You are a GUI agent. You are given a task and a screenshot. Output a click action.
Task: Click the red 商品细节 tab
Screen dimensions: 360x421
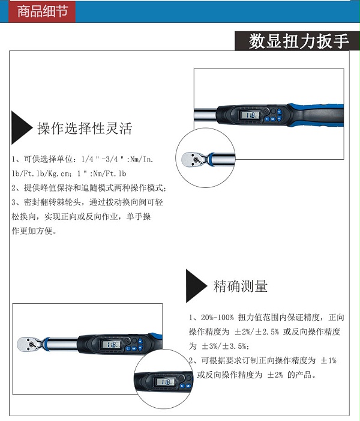(x=42, y=11)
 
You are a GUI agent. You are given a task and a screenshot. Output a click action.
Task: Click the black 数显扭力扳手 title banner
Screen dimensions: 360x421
(x=297, y=41)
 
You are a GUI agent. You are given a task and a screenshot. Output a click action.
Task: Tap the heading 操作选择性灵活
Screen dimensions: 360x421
(x=85, y=128)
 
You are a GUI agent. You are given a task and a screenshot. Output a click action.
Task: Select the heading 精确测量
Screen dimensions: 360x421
(x=241, y=286)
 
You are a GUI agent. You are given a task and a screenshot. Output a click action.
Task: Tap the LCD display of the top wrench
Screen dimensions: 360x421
(x=250, y=115)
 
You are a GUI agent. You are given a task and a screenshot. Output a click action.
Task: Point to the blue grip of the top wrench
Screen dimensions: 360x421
(x=317, y=115)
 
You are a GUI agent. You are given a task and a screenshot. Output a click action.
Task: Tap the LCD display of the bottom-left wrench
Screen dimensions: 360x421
(x=111, y=345)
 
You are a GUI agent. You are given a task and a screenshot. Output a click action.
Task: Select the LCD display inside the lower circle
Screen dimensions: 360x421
(x=165, y=381)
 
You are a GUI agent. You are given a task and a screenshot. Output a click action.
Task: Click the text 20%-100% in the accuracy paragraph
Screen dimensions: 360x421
(x=217, y=317)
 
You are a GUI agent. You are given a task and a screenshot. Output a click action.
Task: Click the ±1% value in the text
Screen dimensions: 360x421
(x=328, y=360)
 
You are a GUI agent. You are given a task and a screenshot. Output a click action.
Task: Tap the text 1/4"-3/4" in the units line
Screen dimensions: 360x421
(x=103, y=159)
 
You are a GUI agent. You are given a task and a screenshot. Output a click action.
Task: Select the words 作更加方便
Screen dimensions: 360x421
(x=32, y=231)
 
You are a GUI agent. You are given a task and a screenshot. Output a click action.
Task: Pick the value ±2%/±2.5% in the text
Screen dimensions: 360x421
(x=257, y=332)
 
